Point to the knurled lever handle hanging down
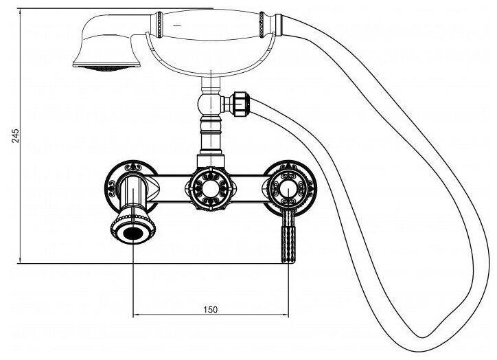[x=287, y=237]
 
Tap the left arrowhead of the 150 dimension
[x=135, y=315]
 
